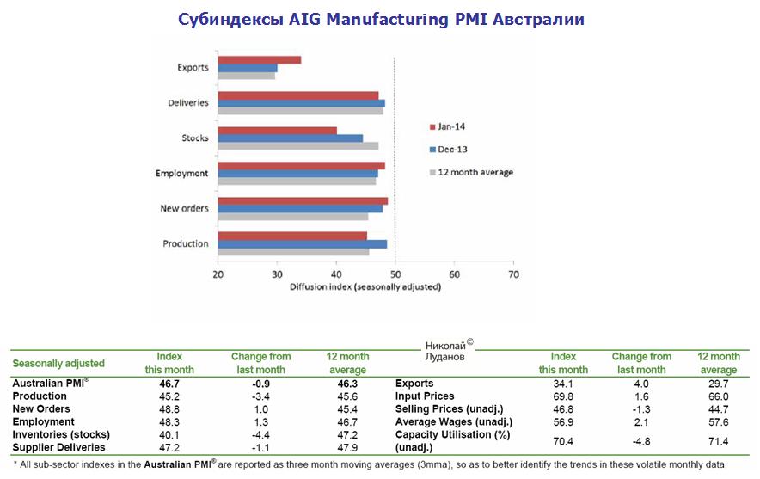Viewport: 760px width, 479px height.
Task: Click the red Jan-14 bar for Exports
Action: (259, 59)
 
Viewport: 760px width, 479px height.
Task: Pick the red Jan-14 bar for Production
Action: (291, 236)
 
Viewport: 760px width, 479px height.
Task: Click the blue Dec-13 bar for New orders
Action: (300, 208)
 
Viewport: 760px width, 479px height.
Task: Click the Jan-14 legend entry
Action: (451, 126)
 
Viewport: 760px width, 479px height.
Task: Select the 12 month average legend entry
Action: (475, 172)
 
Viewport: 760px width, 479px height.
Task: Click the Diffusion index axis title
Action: (366, 286)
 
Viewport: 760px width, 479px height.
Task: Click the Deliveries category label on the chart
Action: (187, 102)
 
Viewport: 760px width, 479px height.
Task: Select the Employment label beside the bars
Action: (181, 173)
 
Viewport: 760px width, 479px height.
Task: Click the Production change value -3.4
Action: (260, 396)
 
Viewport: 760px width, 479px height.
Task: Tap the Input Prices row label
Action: (425, 396)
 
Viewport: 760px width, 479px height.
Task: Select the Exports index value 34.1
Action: (563, 383)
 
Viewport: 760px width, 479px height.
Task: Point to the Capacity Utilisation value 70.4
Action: (563, 441)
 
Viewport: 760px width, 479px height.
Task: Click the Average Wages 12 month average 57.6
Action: (718, 421)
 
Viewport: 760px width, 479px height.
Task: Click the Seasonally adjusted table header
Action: (58, 363)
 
